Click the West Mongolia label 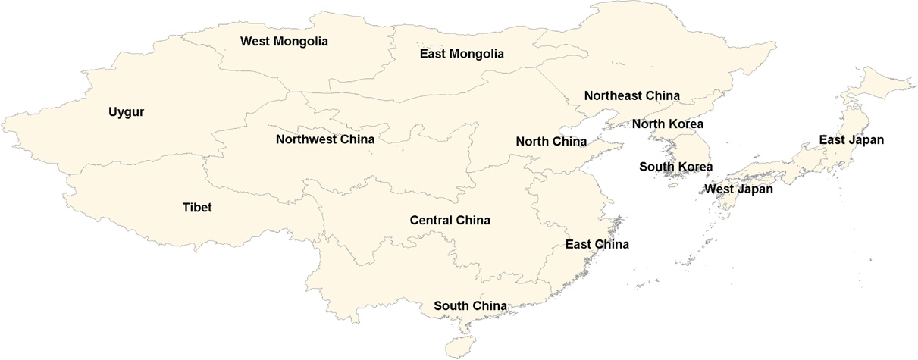pyautogui.click(x=284, y=42)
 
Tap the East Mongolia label pyautogui.click(x=462, y=54)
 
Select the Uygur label pyautogui.click(x=125, y=112)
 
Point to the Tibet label pyautogui.click(x=197, y=207)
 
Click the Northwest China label pyautogui.click(x=325, y=139)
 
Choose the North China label pyautogui.click(x=551, y=142)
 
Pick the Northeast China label pyautogui.click(x=631, y=95)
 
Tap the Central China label pyautogui.click(x=450, y=221)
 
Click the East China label pyautogui.click(x=597, y=244)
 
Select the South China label pyautogui.click(x=470, y=306)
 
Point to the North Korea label pyautogui.click(x=668, y=124)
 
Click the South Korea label pyautogui.click(x=676, y=167)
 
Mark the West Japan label pyautogui.click(x=739, y=189)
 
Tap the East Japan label pyautogui.click(x=851, y=140)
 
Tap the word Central pyautogui.click(x=431, y=221)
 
